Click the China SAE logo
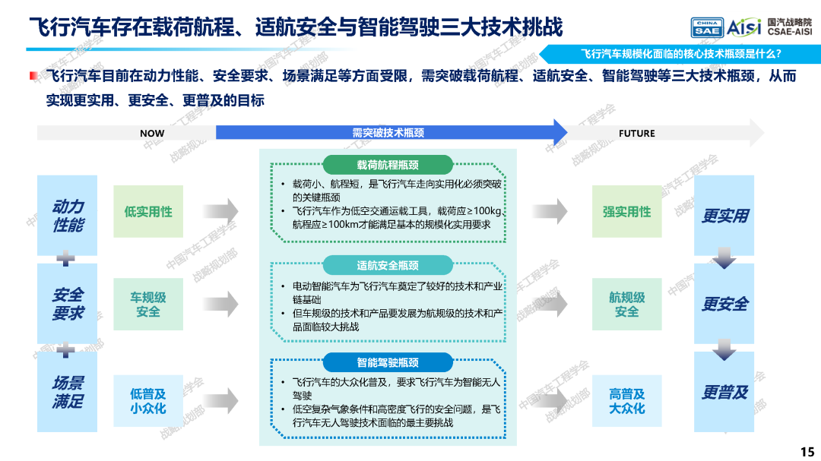[x=707, y=27]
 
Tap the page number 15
[x=807, y=452]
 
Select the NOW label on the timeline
[x=152, y=134]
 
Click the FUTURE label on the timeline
[x=637, y=134]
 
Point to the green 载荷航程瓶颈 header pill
[x=388, y=165]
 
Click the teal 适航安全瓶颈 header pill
[x=388, y=265]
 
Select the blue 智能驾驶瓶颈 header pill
[x=388, y=362]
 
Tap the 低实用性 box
[x=148, y=211]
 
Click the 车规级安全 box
[x=148, y=304]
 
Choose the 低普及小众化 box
[x=148, y=401]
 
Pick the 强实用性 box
[x=626, y=211]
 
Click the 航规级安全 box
[x=626, y=304]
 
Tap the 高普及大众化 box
[x=626, y=401]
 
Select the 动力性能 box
[x=67, y=215]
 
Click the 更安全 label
[x=724, y=304]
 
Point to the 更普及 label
[x=724, y=393]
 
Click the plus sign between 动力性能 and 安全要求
[x=65, y=258]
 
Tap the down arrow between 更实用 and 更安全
[x=724, y=258]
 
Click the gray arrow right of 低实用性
[x=220, y=211]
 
